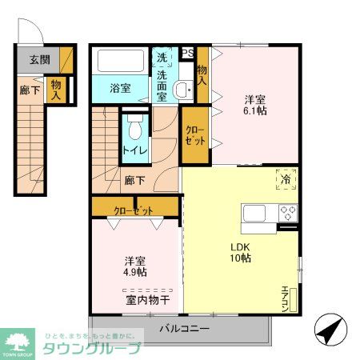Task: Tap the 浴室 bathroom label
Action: pos(121,89)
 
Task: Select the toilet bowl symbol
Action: pos(135,126)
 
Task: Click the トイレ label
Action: pos(134,149)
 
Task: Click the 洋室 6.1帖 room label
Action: pos(256,106)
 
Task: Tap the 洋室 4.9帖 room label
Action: pos(135,266)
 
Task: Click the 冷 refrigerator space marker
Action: pos(286,179)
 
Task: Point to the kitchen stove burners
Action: pos(288,213)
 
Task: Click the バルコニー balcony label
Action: pos(183,328)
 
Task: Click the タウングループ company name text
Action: pos(93,348)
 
